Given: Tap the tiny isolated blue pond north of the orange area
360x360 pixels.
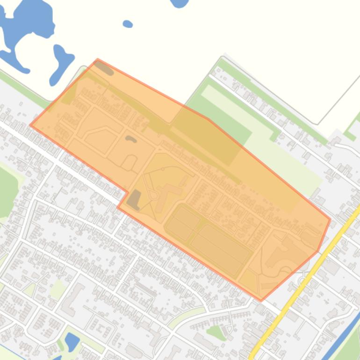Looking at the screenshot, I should [x=127, y=24].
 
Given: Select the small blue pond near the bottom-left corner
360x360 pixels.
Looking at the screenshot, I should [x=72, y=341].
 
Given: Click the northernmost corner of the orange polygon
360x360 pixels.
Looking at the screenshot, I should [x=98, y=59].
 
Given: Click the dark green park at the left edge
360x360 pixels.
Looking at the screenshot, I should [x=7, y=187].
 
